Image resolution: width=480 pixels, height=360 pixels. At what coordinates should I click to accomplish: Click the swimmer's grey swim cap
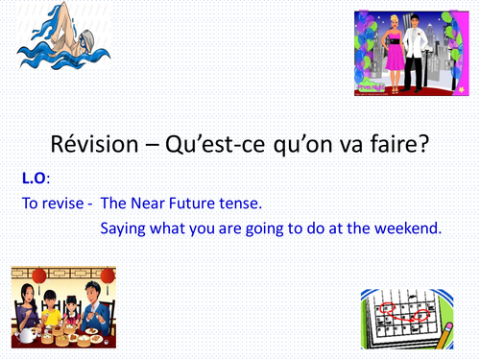pos(76,38)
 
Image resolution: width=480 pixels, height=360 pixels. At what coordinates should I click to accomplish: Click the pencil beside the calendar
pos(447,336)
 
